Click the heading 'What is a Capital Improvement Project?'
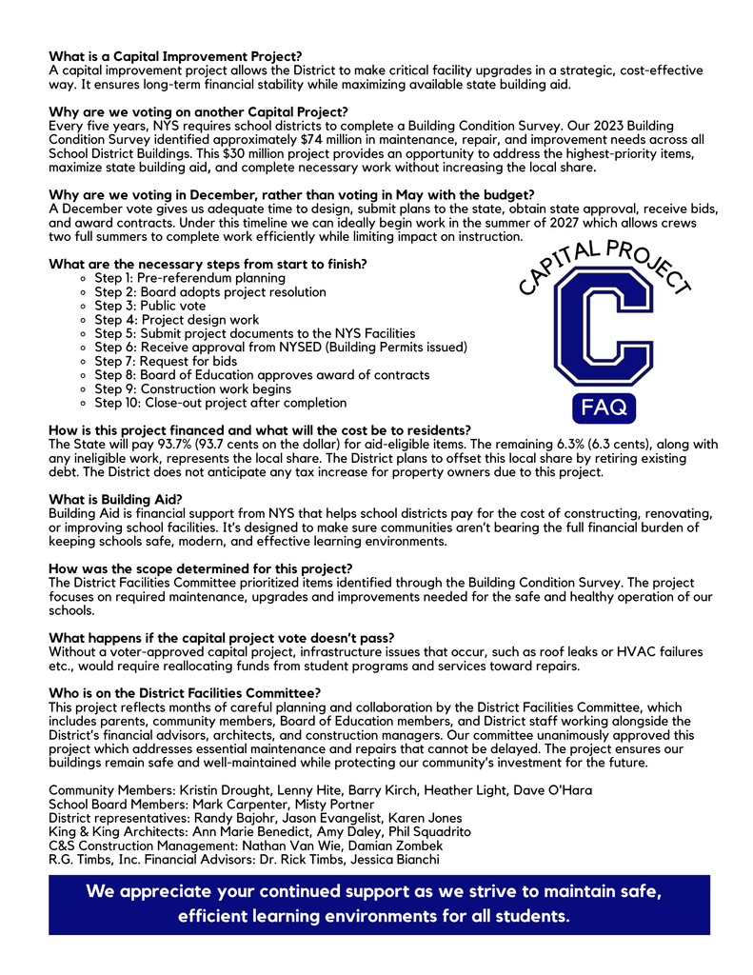tap(175, 57)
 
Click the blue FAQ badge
tap(604, 407)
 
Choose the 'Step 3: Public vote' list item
tap(149, 306)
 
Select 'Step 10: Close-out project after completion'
tap(221, 403)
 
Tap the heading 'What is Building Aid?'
tap(115, 500)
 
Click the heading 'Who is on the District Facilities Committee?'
tap(185, 692)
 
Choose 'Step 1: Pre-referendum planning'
tap(189, 278)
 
